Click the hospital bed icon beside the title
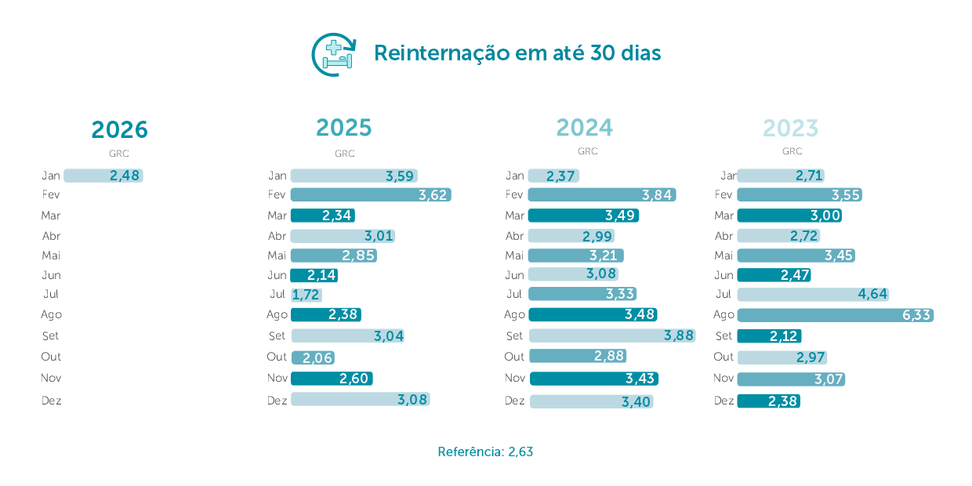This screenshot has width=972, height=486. point(335,54)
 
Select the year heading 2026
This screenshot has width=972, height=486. point(119,129)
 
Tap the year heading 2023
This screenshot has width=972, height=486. point(790,128)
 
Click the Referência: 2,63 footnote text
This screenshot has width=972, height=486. point(485,452)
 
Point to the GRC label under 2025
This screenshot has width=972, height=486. point(345,154)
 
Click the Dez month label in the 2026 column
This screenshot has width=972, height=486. point(52,401)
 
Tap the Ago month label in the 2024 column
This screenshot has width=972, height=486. point(514,314)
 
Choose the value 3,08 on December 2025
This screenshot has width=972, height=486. point(412,400)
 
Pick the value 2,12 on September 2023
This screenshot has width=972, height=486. point(784,336)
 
